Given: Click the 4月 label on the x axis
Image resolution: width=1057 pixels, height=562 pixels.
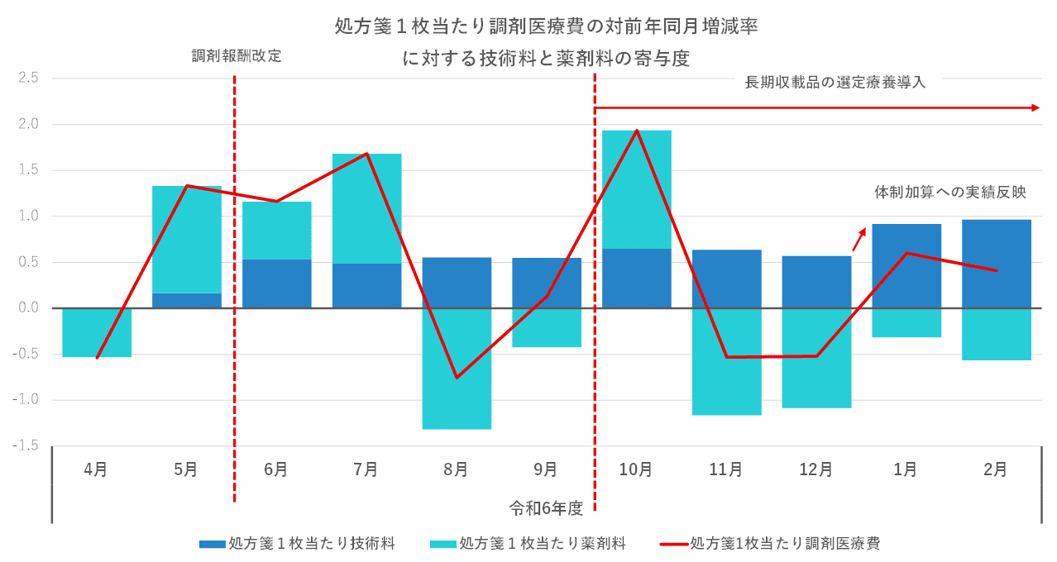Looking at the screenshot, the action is coord(96,469).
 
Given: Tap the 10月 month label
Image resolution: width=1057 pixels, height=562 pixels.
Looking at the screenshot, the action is coord(636,469).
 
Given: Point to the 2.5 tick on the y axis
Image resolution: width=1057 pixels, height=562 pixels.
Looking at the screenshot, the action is coord(28,78).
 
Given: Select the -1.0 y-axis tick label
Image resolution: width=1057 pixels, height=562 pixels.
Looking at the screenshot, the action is coord(26,400).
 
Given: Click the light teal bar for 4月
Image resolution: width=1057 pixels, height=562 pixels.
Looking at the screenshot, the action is coord(97,332).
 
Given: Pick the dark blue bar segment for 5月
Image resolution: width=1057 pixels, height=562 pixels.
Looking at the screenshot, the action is coord(187,301).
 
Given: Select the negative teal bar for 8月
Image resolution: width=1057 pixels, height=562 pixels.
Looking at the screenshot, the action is coord(457,369).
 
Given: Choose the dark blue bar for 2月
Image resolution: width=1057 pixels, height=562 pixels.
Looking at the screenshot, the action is coord(997,264).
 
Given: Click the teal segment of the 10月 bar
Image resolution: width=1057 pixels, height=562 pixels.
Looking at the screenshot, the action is coord(637,189).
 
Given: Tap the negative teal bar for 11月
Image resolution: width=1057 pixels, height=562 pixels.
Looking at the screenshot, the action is coord(727,362).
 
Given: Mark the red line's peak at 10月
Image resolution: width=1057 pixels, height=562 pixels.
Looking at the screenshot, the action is coord(637,130).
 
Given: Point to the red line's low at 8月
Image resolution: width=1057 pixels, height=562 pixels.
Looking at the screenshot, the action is coord(457,378).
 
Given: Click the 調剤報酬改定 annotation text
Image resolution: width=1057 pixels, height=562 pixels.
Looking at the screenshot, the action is coord(237,56).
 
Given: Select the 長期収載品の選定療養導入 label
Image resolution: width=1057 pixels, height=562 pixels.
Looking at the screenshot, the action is coord(835,83).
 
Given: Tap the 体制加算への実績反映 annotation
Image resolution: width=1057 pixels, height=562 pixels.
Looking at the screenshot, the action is coord(950,193).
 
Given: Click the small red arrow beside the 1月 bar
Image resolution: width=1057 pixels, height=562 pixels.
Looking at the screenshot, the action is coord(859,240).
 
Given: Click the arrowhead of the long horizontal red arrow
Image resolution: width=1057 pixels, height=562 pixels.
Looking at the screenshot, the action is coord(1035,108).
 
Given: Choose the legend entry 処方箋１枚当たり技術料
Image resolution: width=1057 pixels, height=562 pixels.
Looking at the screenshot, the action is coord(297,543).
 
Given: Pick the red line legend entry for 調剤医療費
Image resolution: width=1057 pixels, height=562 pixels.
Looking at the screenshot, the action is coord(770,543).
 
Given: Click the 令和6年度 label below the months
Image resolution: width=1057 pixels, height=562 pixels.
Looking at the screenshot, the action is coord(546,507).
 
